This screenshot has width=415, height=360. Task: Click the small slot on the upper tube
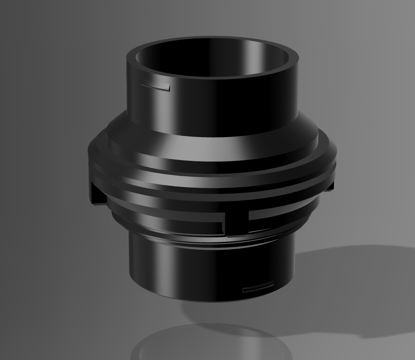click(x=155, y=86)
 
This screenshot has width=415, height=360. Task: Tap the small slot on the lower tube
click(x=258, y=289)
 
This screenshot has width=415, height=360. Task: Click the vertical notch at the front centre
click(x=236, y=220)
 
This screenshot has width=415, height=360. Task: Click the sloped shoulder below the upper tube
click(x=212, y=151)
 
